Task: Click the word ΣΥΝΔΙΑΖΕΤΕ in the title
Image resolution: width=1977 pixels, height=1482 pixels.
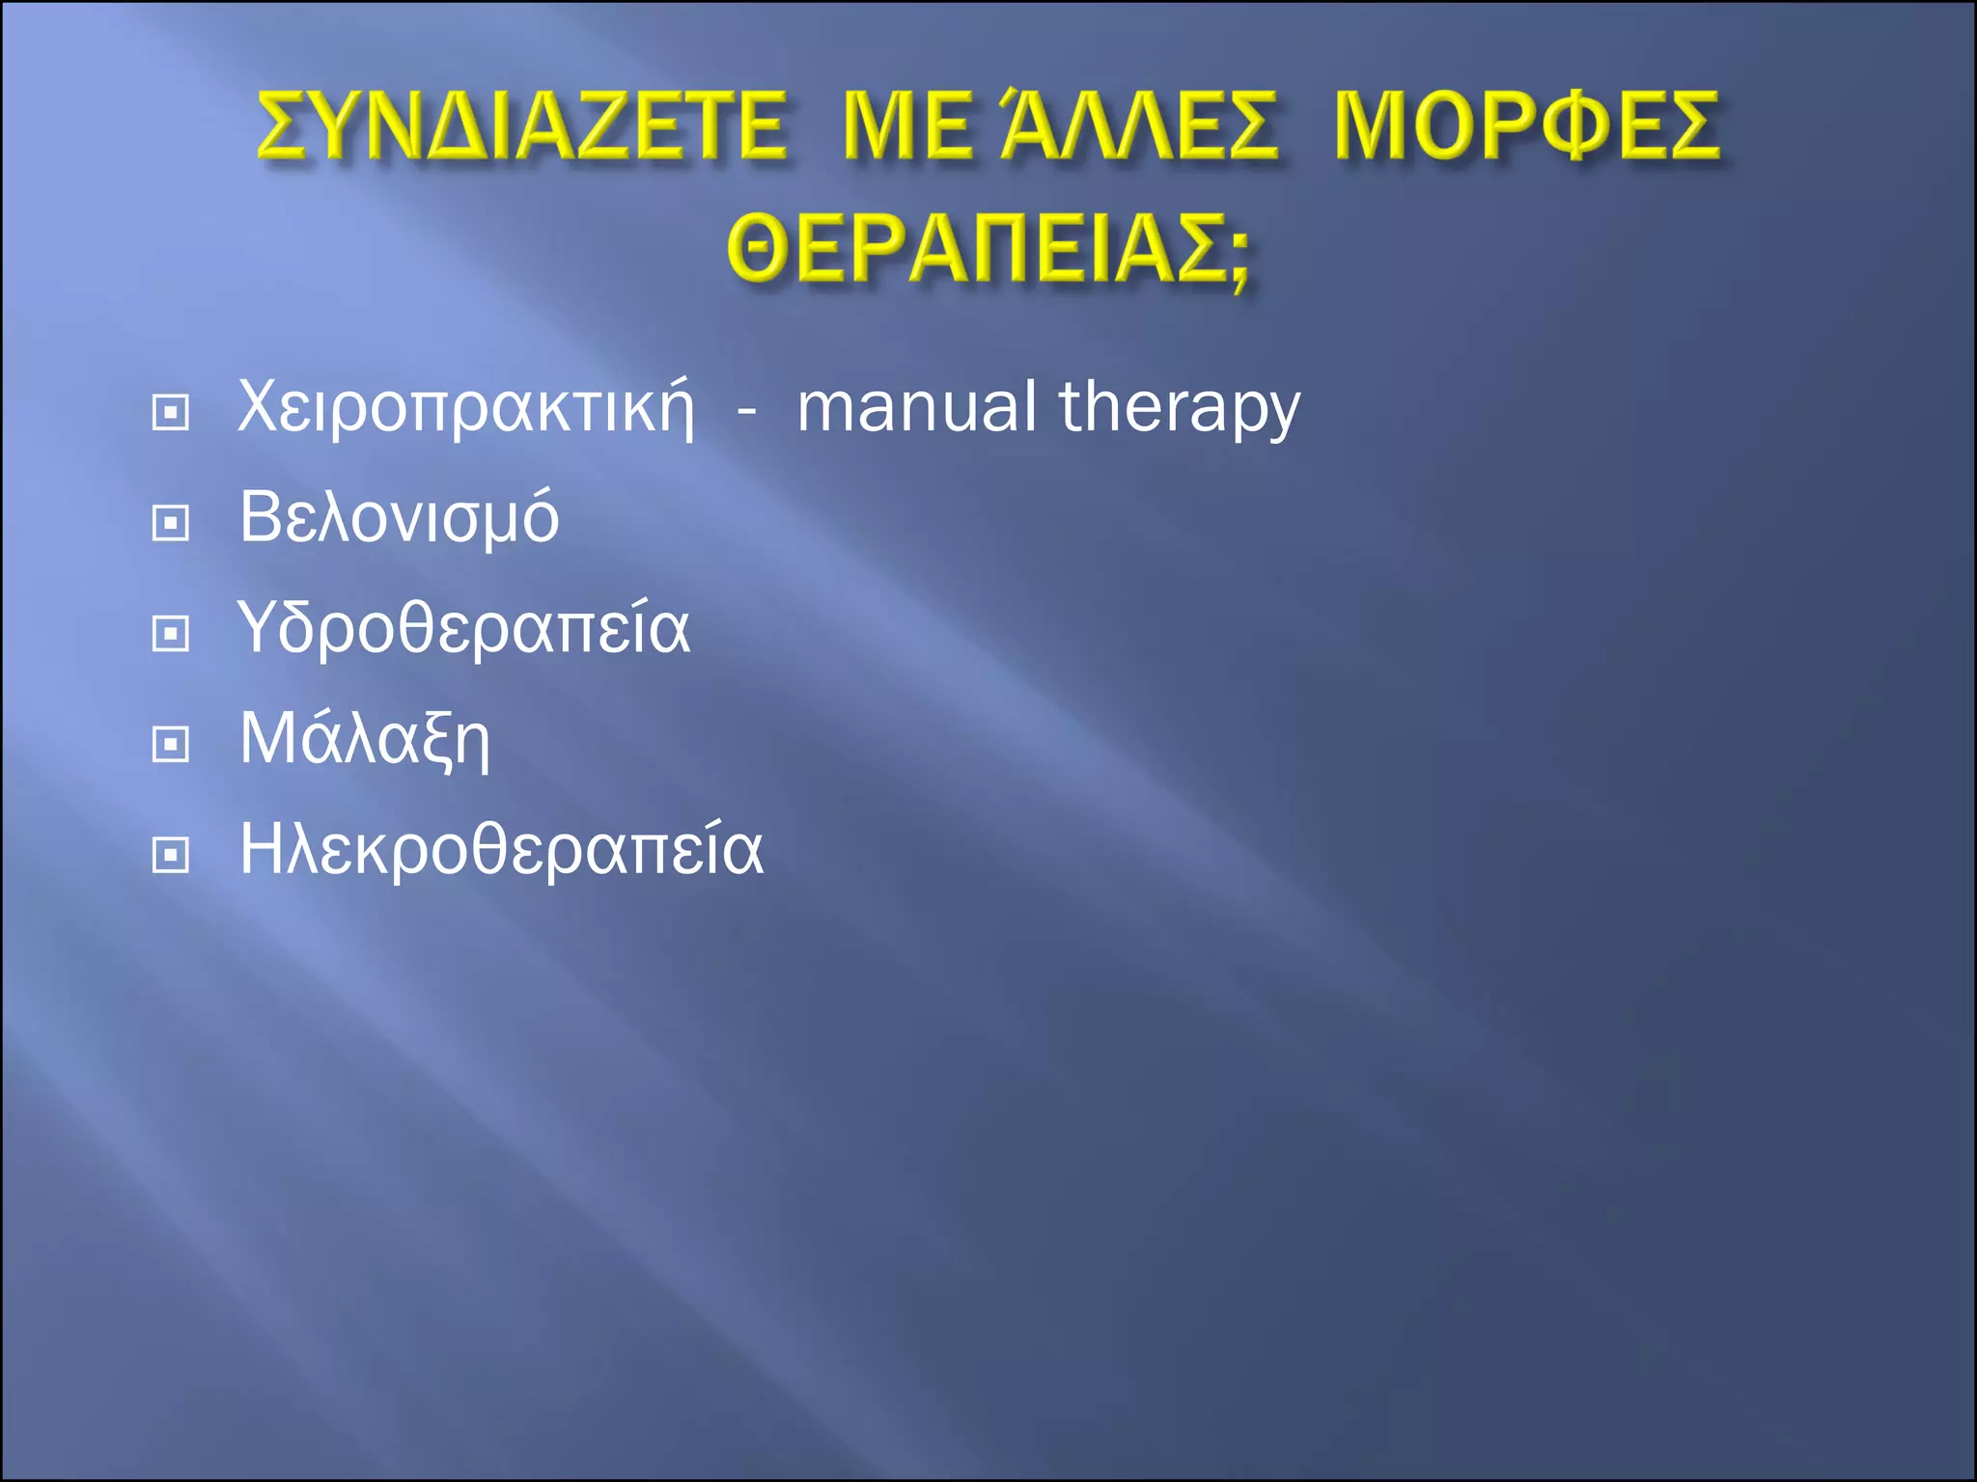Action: click(521, 125)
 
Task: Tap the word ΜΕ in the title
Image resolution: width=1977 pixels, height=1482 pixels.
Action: click(907, 125)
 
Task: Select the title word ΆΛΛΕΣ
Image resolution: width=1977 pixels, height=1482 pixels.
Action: click(1139, 125)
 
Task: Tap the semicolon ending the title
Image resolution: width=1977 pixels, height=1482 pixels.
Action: click(1239, 256)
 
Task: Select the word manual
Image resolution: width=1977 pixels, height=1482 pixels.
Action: click(917, 407)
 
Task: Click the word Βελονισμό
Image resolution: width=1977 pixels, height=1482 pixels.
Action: click(399, 519)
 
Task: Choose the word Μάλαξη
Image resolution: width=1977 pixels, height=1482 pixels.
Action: click(365, 740)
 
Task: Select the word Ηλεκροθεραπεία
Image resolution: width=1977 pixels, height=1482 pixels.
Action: click(501, 850)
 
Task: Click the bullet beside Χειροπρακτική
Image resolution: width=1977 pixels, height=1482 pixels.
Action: click(171, 413)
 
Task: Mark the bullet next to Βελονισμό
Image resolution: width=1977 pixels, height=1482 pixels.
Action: click(171, 523)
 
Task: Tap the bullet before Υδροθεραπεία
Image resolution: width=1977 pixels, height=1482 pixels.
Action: click(171, 634)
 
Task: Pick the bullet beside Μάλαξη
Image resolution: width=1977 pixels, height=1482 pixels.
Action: click(171, 744)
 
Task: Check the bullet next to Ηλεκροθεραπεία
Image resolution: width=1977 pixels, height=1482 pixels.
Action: click(171, 855)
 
